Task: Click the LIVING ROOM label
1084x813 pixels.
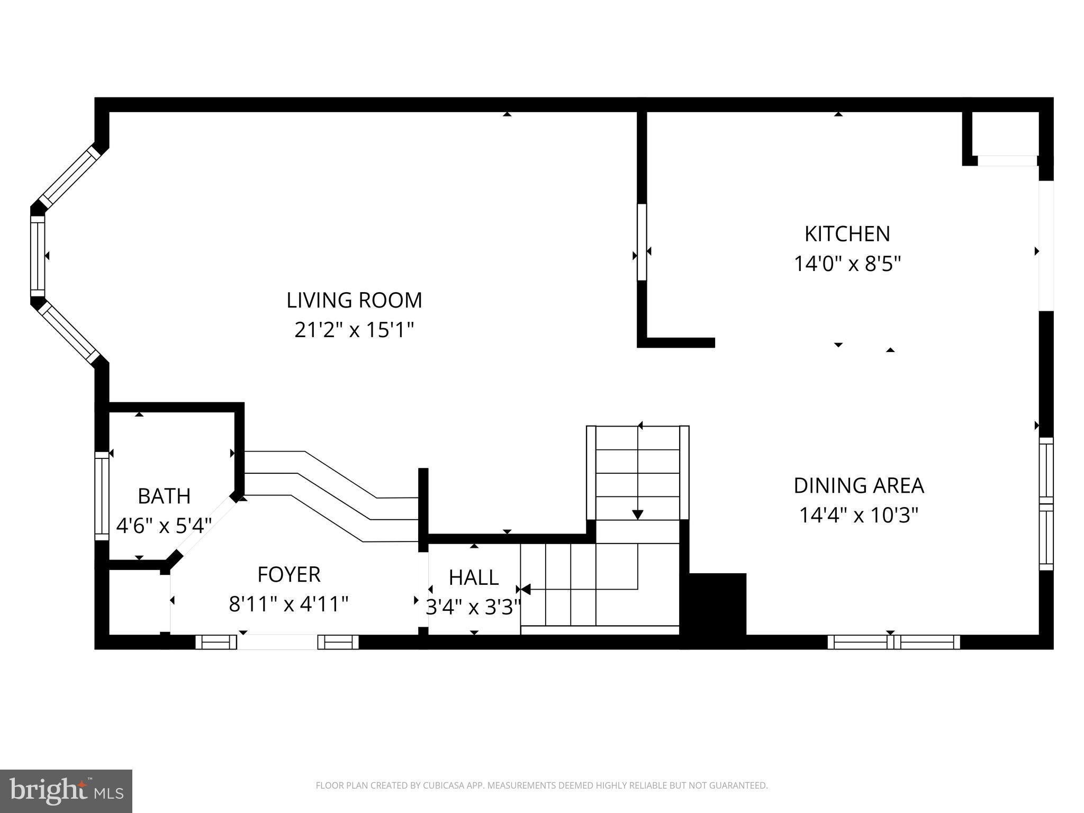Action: coord(354,300)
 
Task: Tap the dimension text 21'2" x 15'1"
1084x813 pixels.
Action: coord(354,330)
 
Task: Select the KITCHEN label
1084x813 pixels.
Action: coord(847,234)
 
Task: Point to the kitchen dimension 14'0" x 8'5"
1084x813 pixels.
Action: coord(847,264)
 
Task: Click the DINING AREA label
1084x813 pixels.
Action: coord(859,485)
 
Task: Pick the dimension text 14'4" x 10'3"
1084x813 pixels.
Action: coord(859,515)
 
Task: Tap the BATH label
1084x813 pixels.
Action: coord(164,496)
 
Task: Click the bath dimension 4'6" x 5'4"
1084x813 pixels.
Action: coord(164,526)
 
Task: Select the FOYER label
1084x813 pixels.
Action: coord(289,574)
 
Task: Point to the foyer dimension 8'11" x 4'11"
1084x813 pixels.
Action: coord(289,604)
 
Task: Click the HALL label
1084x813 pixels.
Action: coord(474,577)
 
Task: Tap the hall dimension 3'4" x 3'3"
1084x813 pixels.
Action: coord(474,607)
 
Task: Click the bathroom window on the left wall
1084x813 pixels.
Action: coord(102,496)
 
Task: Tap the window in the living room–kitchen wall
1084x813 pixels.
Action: coord(642,242)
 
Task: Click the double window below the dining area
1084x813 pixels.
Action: coord(893,642)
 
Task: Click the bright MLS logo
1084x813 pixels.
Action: coord(66,791)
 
